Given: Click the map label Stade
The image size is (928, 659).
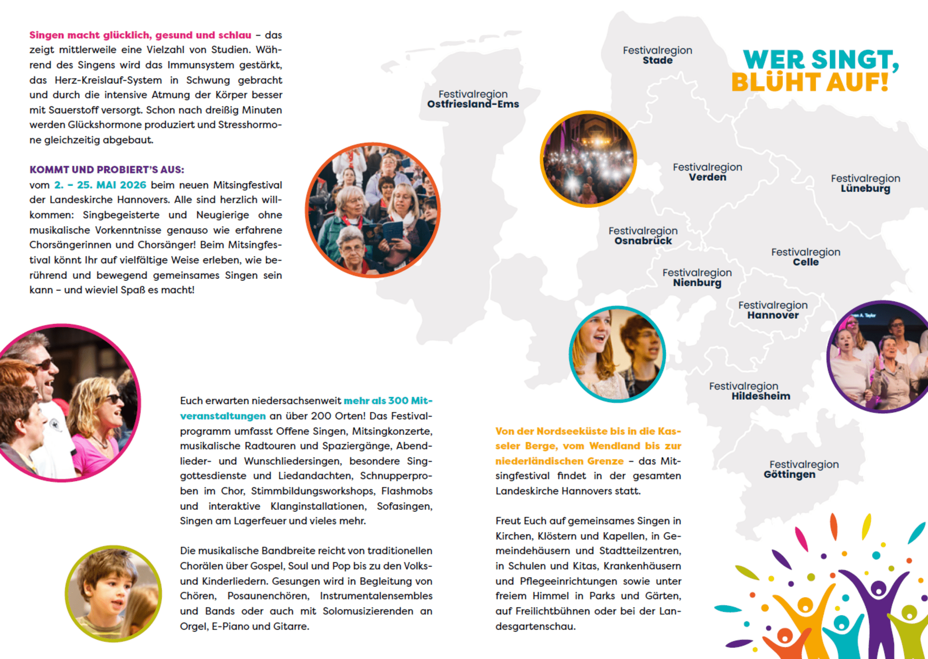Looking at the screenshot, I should [658, 61].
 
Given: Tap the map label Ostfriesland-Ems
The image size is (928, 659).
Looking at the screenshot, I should [473, 104].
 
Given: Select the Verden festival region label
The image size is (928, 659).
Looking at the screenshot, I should [707, 177].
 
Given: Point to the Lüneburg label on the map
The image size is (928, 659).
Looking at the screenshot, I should [865, 189].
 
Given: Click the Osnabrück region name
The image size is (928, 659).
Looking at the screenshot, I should [643, 241].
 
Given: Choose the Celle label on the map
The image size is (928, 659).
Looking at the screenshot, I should [805, 262].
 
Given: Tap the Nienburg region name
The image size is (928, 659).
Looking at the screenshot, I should [697, 283].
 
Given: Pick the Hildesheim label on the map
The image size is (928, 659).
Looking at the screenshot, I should [761, 396].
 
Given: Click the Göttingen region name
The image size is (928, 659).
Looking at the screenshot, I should [789, 475].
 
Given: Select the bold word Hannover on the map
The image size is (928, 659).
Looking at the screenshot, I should [773, 315].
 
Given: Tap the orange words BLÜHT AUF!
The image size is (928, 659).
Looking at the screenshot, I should [809, 82].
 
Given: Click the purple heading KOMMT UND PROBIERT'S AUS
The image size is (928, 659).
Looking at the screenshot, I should [107, 169].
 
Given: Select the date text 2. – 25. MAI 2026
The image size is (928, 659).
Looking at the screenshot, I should [100, 185].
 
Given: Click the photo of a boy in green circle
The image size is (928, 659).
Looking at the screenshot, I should [113, 593].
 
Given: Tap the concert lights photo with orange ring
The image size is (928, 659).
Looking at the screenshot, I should [588, 159].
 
